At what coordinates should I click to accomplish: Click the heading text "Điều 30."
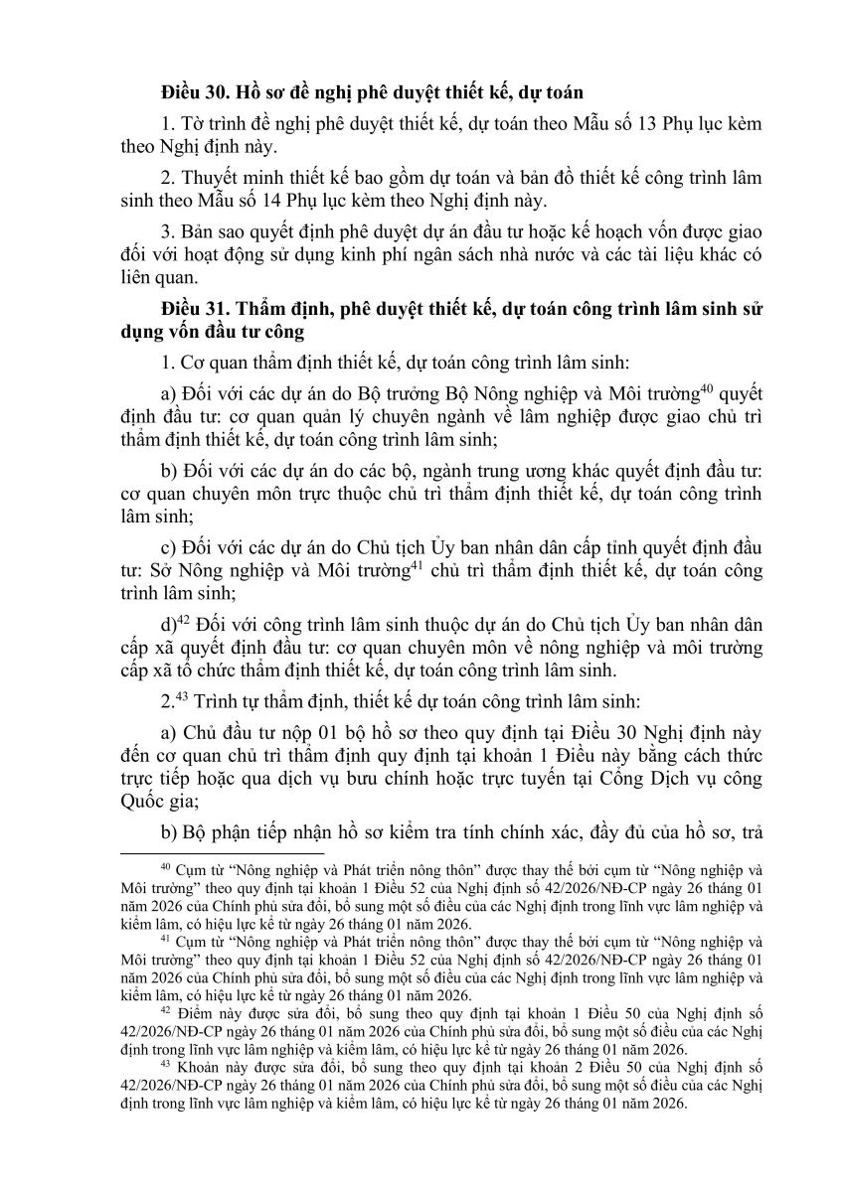[195, 93]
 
